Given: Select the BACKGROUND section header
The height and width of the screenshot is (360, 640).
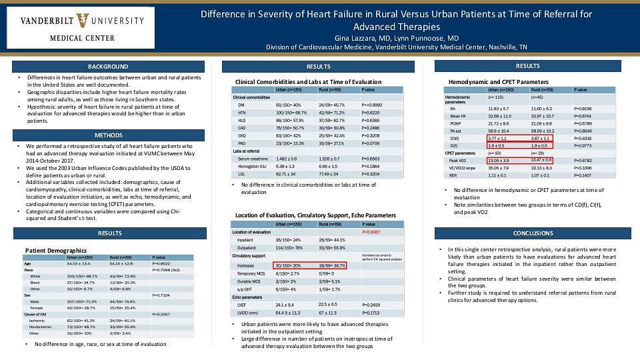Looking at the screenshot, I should [x=108, y=67].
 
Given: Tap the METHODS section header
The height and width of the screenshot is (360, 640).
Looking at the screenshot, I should [x=108, y=135].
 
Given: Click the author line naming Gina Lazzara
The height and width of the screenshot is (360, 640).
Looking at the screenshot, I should [x=396, y=38].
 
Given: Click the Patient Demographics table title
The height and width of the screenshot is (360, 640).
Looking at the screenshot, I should [x=55, y=250].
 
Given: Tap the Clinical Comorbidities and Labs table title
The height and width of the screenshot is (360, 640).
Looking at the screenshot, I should [x=309, y=82].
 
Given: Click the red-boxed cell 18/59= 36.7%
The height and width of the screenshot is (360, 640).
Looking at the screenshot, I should [x=332, y=265].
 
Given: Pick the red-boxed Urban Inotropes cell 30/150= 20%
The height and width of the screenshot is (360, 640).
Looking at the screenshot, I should [x=288, y=265].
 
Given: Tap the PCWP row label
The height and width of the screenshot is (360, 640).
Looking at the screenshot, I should [x=456, y=123].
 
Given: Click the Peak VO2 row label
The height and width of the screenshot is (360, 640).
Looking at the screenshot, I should [x=458, y=160].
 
